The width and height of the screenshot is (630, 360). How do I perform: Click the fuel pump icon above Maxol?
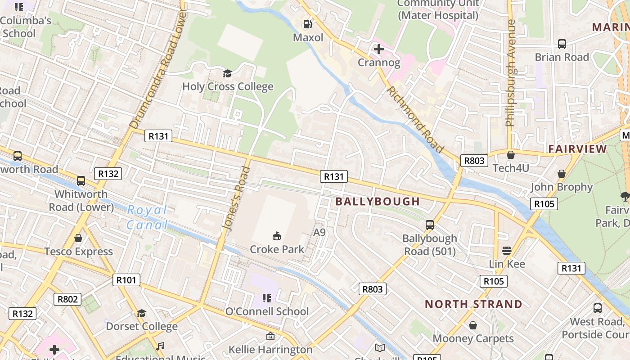308,24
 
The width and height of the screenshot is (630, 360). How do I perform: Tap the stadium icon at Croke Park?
277,235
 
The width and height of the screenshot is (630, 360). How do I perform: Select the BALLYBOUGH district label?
378,202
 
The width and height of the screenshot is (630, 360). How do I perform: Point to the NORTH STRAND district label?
473,304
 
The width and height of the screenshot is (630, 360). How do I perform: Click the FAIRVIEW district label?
577,149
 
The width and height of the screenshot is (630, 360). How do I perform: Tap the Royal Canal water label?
147,217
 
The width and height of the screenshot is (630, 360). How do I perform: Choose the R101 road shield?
126,280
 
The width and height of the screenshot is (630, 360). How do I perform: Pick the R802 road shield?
67,299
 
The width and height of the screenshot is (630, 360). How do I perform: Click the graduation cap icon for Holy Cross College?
227,73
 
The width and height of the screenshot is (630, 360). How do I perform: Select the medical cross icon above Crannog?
379,49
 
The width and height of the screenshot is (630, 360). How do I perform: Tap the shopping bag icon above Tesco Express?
78,238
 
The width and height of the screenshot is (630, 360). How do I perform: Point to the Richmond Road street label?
415,120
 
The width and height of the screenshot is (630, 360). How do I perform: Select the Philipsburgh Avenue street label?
510,73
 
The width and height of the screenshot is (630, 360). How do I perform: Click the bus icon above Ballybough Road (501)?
430,225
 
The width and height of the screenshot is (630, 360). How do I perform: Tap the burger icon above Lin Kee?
507,250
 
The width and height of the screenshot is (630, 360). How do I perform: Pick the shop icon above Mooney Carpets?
473,325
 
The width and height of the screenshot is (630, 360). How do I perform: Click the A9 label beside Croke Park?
319,232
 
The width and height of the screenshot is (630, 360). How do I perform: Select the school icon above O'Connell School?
267,298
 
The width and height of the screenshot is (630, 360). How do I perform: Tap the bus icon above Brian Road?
562,44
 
